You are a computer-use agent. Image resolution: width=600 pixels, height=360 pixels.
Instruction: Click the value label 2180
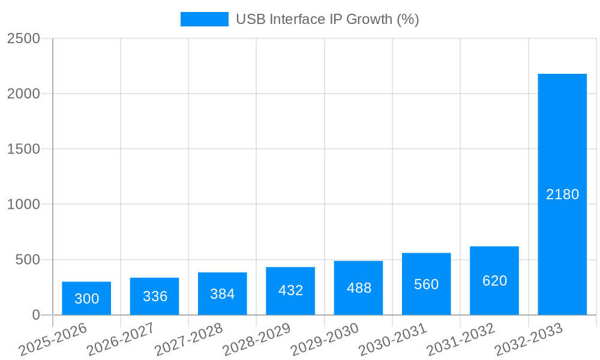click(562, 194)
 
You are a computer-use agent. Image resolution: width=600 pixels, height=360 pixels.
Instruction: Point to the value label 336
click(155, 296)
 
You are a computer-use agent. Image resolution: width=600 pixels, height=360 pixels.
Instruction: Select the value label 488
click(359, 288)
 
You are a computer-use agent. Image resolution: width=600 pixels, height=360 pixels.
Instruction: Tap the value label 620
click(494, 281)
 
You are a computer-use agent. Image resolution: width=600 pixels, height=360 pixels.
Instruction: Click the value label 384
click(223, 294)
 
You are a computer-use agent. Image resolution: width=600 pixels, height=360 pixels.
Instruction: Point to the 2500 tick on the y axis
click(23, 38)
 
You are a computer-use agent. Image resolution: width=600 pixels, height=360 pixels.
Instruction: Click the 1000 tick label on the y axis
click(23, 205)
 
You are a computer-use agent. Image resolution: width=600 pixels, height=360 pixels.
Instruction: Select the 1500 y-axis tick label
click(23, 149)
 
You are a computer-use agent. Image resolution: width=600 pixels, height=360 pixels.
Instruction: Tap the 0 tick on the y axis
click(35, 315)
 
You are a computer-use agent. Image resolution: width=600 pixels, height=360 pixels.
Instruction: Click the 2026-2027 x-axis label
click(121, 340)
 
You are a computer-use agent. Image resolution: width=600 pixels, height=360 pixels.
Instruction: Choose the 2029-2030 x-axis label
click(325, 340)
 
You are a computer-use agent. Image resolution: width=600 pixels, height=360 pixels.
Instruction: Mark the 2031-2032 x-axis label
click(461, 340)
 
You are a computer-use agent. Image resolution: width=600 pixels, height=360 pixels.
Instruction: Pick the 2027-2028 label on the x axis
click(188, 340)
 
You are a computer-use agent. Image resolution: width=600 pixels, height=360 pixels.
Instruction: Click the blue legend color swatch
click(205, 19)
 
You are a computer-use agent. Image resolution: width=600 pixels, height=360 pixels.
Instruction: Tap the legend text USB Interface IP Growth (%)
click(327, 19)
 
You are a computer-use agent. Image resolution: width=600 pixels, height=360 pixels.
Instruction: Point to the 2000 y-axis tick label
click(23, 94)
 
